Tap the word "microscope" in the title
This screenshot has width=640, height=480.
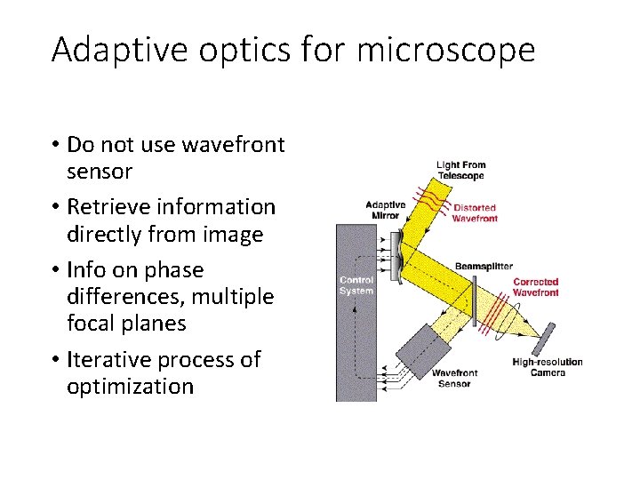tap(446, 51)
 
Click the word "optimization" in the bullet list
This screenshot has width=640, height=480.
tap(130, 387)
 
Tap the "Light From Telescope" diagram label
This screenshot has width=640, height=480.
tap(460, 170)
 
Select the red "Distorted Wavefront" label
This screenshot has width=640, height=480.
tap(475, 213)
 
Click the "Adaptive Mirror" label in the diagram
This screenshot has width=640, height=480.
tap(385, 211)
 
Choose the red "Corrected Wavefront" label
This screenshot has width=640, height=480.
tap(536, 287)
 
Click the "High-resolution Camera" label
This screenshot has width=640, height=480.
tap(547, 367)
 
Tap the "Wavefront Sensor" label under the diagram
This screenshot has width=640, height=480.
tap(454, 379)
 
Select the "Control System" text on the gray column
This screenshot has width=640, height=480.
tap(356, 285)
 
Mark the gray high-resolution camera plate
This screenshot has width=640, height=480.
tap(545, 339)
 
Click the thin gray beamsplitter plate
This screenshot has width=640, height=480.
tap(475, 300)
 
